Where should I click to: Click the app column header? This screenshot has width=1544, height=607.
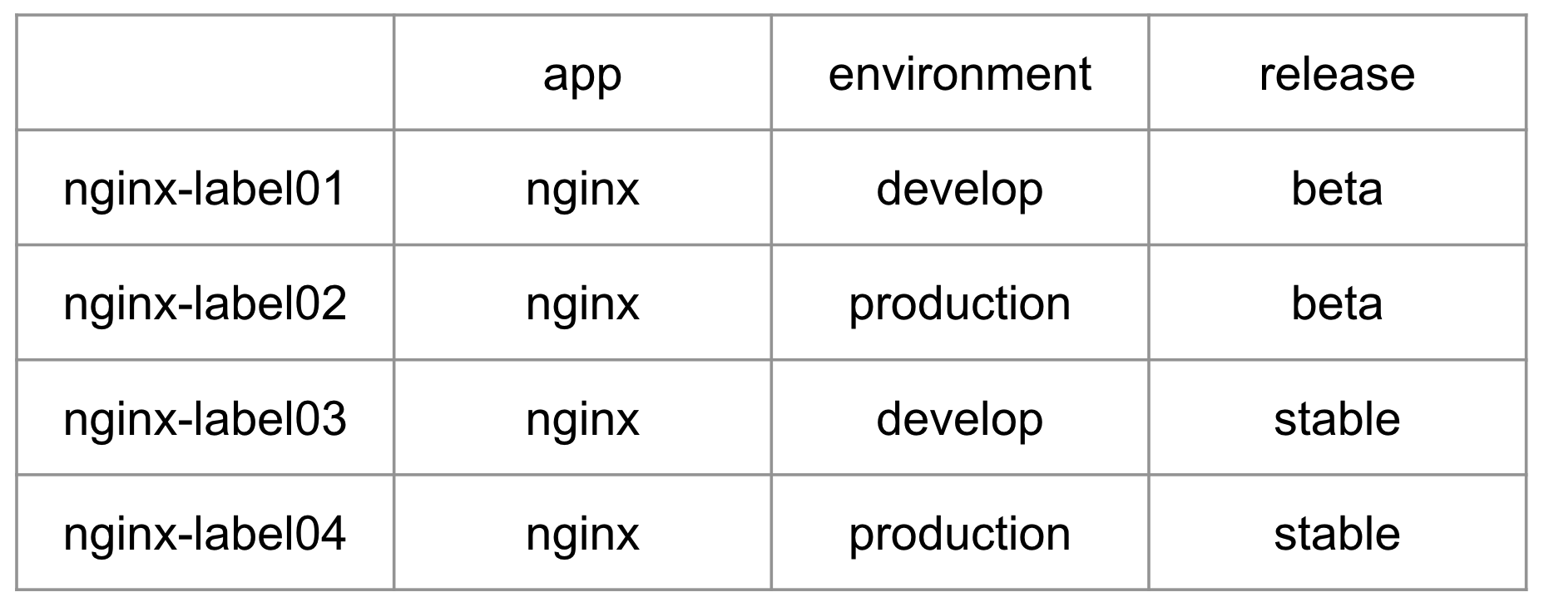[x=582, y=74]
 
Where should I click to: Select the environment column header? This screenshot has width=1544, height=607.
[x=959, y=74]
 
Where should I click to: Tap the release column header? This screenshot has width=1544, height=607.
[x=1337, y=74]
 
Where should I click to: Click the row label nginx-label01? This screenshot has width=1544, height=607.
[x=205, y=189]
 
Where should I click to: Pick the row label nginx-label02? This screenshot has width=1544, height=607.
[x=205, y=303]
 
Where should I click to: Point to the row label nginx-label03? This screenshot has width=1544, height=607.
[x=205, y=418]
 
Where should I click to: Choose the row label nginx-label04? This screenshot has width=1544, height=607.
[x=205, y=533]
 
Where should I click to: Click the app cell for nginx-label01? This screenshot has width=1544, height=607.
[x=582, y=189]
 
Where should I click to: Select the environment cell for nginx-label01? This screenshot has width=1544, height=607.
[x=959, y=189]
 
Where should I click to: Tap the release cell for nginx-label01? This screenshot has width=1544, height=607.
[x=1337, y=189]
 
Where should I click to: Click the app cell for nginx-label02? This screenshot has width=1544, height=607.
[x=582, y=303]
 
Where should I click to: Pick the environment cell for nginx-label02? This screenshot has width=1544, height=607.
[x=959, y=303]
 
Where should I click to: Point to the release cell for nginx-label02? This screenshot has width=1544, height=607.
[x=1337, y=303]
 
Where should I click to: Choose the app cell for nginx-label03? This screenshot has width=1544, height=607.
[x=582, y=418]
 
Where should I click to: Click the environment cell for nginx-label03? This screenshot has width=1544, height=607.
[x=959, y=418]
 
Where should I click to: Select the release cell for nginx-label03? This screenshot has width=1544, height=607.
[x=1337, y=418]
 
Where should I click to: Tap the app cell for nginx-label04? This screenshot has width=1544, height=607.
[x=582, y=533]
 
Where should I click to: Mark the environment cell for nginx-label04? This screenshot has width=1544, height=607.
[x=959, y=533]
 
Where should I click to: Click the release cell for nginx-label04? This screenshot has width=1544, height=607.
[x=1337, y=533]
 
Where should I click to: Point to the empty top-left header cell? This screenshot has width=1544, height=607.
[x=205, y=74]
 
